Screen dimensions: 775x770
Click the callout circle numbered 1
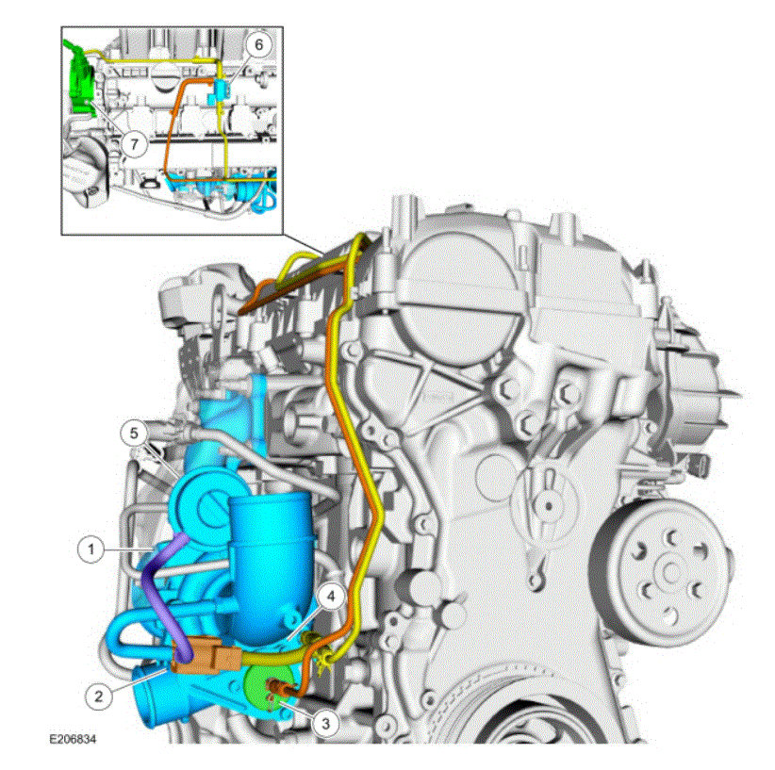(x=91, y=549)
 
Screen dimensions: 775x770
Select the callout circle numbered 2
(x=98, y=696)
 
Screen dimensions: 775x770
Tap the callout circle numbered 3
(x=325, y=723)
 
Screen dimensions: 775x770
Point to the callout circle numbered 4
(x=331, y=597)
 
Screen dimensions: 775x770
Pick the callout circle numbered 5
(x=134, y=433)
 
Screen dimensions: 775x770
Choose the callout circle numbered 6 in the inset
(x=259, y=45)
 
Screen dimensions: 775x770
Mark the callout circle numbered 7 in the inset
(x=134, y=144)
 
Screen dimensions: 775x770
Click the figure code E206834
(x=73, y=739)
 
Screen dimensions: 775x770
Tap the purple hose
(x=157, y=588)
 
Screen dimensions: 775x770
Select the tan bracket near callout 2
(x=206, y=656)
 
